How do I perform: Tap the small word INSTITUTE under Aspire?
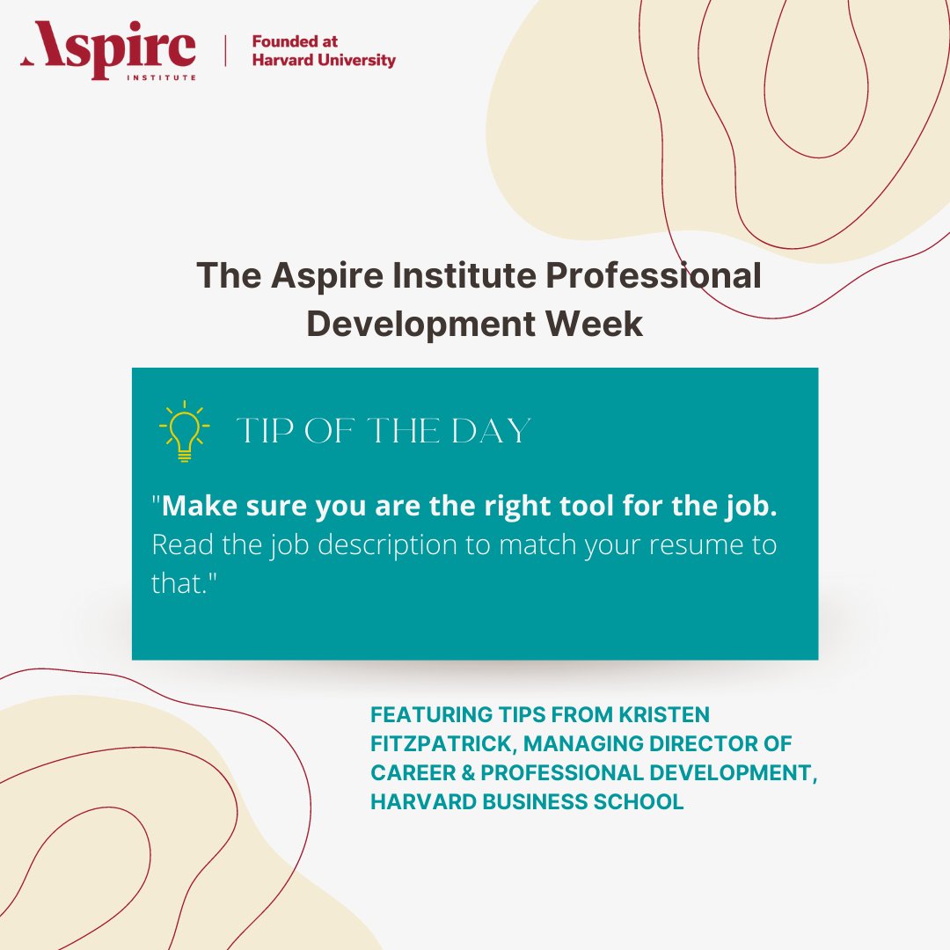pyautogui.click(x=170, y=77)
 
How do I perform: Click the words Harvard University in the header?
pyautogui.click(x=324, y=61)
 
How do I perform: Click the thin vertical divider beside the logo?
pyautogui.click(x=225, y=51)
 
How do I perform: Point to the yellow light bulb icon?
pyautogui.click(x=184, y=431)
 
